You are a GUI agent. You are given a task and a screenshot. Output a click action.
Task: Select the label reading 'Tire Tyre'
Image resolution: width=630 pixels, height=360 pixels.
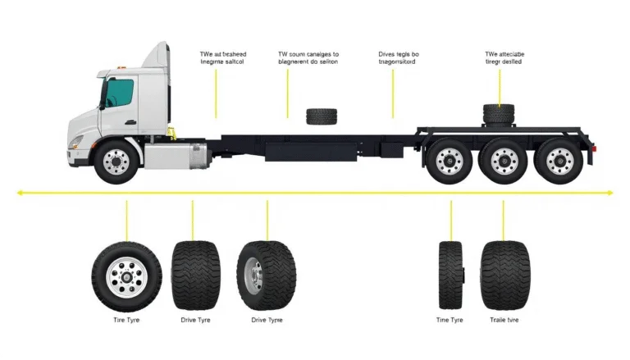point(127,320)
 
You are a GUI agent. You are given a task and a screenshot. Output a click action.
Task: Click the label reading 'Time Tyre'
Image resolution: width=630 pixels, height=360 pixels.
point(450,320)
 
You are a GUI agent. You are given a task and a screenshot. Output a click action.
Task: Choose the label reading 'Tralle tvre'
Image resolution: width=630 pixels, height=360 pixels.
point(502,320)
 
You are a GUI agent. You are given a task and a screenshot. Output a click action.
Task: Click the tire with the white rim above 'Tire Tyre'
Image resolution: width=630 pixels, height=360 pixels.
point(127,274)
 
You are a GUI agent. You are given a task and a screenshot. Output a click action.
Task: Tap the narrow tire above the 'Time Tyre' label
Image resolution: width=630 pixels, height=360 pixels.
point(450,275)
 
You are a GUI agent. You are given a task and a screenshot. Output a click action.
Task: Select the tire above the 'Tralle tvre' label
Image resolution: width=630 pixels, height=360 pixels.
point(502,275)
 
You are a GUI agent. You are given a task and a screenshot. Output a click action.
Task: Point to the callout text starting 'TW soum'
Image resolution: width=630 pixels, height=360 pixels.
point(308,56)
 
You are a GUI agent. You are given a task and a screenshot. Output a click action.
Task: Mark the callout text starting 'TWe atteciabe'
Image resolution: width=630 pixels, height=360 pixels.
point(504,56)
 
